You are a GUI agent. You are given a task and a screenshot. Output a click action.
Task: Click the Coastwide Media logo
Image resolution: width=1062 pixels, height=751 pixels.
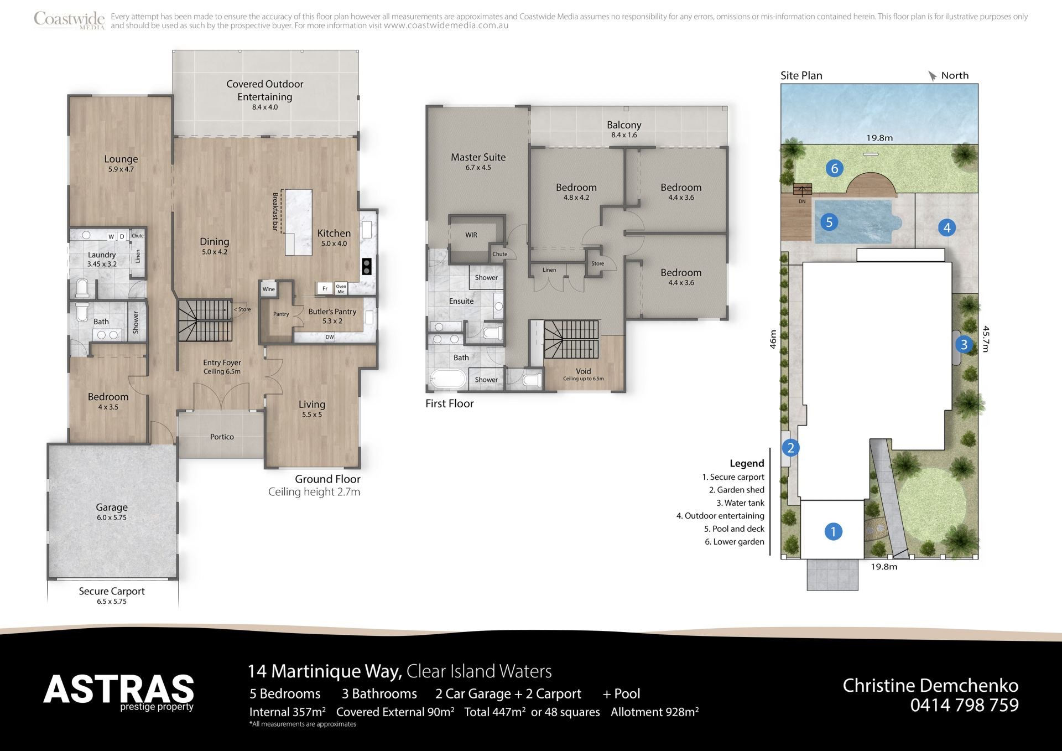coord(69,20)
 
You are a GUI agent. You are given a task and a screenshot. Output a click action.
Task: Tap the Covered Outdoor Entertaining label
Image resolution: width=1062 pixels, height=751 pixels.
coord(265,90)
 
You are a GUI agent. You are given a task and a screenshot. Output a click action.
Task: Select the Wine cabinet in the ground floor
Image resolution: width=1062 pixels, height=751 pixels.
coord(269,289)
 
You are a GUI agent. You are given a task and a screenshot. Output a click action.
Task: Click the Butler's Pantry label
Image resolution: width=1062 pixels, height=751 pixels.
coord(332,312)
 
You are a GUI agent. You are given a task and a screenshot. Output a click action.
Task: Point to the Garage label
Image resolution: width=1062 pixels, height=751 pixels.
coord(112,507)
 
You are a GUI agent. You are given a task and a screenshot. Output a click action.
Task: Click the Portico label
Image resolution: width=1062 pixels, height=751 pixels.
coord(222,437)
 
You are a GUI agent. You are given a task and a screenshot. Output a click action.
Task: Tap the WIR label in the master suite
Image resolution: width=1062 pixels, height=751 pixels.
coord(471,235)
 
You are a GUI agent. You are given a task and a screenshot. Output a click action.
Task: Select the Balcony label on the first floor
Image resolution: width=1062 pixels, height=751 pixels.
coord(624,125)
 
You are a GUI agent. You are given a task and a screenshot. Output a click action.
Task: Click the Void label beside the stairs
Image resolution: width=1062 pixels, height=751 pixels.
coord(584,371)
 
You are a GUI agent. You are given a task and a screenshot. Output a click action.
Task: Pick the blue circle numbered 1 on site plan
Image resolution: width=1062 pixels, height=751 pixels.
coord(833,531)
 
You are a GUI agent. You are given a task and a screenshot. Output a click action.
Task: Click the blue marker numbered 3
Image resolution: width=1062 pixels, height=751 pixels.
coord(964,345)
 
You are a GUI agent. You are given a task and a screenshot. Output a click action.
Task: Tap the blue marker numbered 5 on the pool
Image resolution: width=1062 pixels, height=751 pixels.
coord(829,222)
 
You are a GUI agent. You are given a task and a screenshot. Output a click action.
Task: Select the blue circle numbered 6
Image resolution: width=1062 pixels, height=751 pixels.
coord(834,168)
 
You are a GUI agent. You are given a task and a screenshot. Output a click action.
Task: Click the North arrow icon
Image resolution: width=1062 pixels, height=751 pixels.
coord(933,76)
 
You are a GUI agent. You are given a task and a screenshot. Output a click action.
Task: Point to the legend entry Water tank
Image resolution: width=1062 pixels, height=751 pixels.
coord(740,503)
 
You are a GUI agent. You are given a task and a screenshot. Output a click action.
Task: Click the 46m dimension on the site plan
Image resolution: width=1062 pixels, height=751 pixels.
coord(773,339)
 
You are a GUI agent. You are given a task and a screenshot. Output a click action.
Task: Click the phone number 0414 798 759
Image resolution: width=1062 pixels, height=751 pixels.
coord(964,705)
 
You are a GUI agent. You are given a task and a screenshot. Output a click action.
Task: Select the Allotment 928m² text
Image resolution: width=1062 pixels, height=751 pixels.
coord(654,712)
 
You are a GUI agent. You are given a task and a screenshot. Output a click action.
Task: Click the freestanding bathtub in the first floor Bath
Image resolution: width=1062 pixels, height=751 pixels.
coord(448,379)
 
